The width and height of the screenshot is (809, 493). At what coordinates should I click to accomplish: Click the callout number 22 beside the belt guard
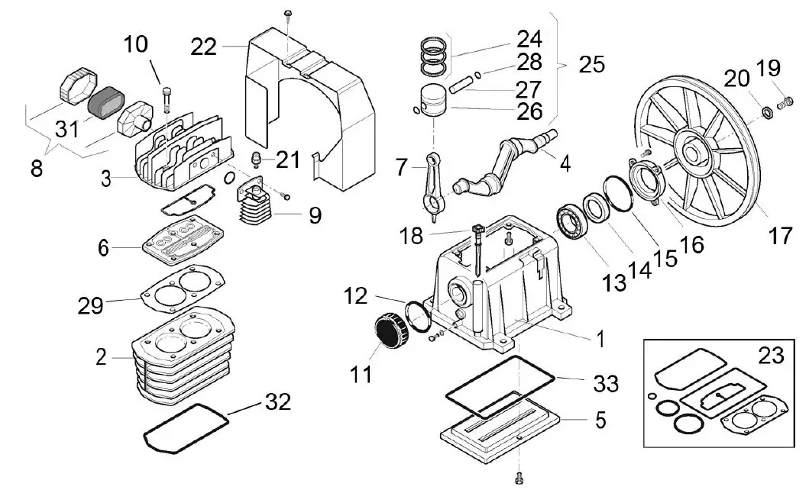(x=204, y=47)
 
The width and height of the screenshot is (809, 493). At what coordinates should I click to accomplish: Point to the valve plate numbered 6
(x=178, y=242)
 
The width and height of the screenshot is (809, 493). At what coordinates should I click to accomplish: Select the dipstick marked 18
(x=475, y=248)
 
